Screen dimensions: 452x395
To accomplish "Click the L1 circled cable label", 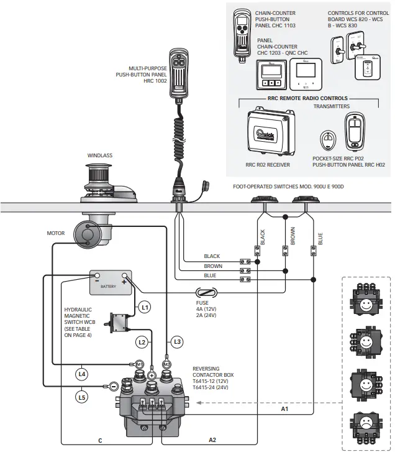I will point(144,307).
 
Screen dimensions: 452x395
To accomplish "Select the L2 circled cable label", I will point(142,342).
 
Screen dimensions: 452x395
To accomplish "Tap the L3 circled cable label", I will point(178,341).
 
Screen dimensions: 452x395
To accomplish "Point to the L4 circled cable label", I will point(82,374).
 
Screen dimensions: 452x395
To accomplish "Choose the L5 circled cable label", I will point(82,396).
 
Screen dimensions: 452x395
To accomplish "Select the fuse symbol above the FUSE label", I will point(206,292).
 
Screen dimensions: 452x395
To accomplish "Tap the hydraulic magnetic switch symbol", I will point(119,323).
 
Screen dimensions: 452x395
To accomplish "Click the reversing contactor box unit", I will point(153,407).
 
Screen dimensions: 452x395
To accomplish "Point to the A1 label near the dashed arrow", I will point(284,408).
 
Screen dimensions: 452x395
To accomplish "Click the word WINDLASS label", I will point(101,156).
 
